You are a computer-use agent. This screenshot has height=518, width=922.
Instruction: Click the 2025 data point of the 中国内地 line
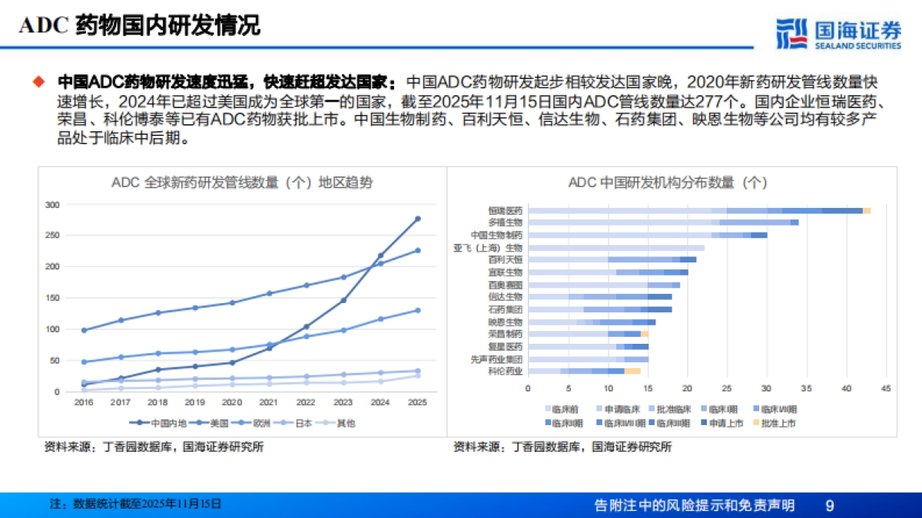[x=417, y=219]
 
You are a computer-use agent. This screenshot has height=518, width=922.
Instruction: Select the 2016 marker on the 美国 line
[x=83, y=330]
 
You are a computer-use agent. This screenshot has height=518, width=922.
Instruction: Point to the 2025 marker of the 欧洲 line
[x=417, y=310]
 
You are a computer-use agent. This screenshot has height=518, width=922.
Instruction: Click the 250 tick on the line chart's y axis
[x=52, y=236]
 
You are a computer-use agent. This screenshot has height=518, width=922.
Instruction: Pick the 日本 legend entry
[x=297, y=423]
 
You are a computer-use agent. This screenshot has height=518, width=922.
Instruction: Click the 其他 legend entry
[x=340, y=423]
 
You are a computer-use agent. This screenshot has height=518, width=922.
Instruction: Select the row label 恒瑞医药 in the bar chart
[x=506, y=210]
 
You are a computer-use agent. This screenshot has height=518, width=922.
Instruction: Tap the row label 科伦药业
[x=506, y=371]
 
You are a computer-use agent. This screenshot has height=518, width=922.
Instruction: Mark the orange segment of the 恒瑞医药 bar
[x=867, y=210]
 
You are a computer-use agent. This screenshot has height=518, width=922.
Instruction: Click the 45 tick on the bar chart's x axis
[x=885, y=388]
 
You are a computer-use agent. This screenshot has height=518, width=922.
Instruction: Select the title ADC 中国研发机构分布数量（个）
[x=668, y=183]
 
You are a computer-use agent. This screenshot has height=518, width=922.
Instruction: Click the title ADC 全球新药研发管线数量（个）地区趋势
[x=242, y=183]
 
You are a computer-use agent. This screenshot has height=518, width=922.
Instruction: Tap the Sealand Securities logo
[x=837, y=33]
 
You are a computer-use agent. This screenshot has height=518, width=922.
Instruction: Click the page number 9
[x=829, y=505]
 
